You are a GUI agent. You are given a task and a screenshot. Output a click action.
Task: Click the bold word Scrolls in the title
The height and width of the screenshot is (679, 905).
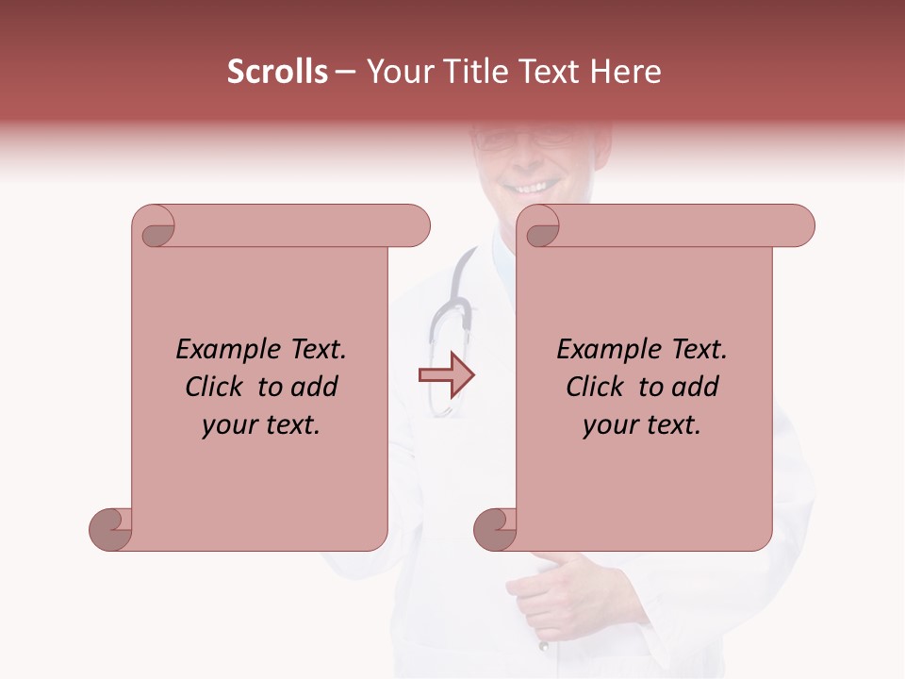click(277, 72)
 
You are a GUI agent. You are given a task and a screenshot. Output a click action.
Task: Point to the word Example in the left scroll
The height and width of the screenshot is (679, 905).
click(220, 350)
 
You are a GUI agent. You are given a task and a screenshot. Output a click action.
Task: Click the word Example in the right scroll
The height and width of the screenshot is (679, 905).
click(601, 350)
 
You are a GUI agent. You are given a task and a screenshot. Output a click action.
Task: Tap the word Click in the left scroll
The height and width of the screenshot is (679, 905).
click(215, 387)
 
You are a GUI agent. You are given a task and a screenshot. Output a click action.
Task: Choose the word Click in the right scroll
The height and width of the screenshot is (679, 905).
click(596, 387)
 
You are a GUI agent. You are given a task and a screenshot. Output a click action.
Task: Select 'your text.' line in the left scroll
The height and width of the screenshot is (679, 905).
click(261, 424)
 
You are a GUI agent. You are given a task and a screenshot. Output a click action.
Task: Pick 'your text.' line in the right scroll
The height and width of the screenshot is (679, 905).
click(642, 424)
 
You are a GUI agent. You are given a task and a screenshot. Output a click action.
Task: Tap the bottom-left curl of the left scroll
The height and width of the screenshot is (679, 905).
click(110, 529)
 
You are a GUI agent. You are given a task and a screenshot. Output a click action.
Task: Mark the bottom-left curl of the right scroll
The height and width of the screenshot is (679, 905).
click(495, 529)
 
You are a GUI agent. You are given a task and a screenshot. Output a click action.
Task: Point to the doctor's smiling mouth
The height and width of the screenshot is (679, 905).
click(529, 186)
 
